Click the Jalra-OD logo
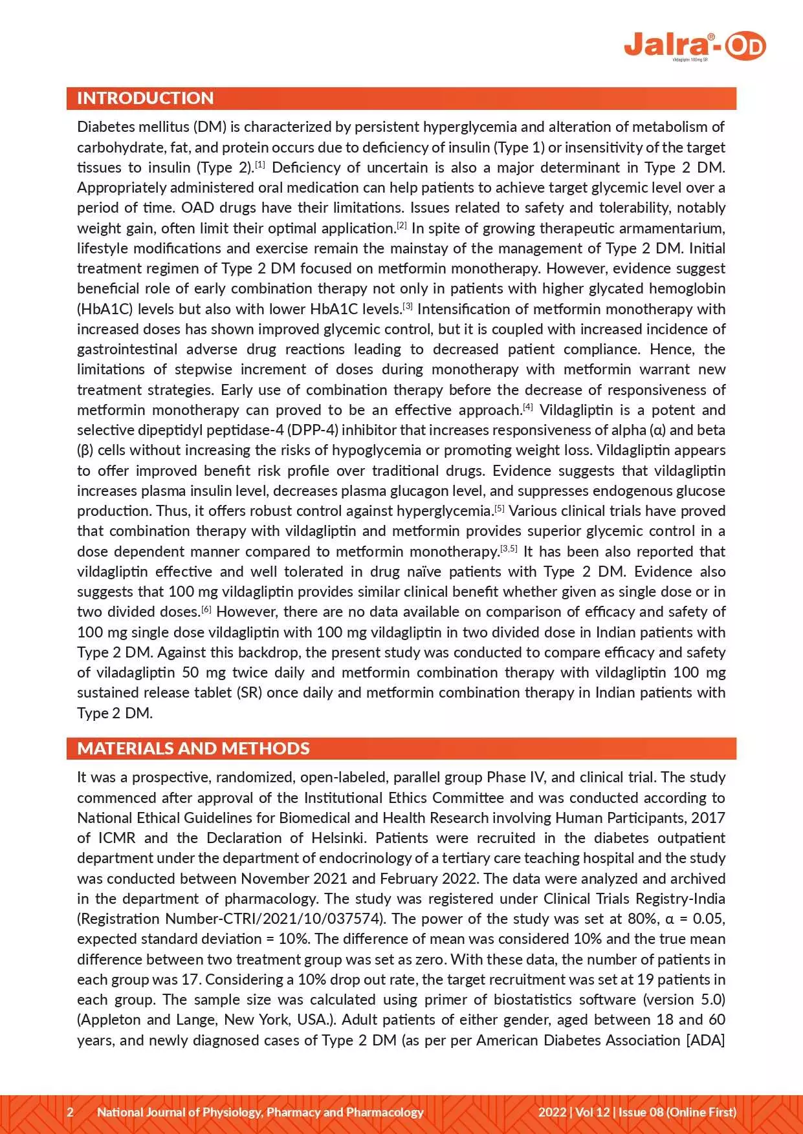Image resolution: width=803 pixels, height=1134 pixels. (694, 46)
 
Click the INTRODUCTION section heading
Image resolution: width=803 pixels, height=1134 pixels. (145, 98)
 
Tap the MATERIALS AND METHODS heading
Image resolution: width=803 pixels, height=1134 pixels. (193, 749)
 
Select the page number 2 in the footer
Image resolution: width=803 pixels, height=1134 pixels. (71, 1112)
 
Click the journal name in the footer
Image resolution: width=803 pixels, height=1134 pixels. (260, 1112)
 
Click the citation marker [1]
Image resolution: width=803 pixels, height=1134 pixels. (259, 164)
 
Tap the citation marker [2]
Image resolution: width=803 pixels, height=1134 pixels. (401, 225)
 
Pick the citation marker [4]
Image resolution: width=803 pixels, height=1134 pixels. (527, 407)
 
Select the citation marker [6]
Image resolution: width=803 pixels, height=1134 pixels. (206, 608)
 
